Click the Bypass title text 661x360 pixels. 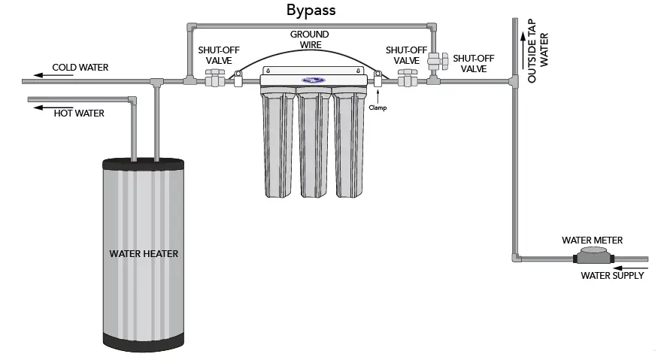pos(311,11)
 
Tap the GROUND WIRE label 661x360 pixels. pos(311,40)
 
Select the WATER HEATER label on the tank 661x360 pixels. pos(144,254)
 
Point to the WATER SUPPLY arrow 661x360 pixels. pos(630,265)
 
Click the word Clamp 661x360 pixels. pos(377,107)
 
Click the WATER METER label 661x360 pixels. pos(593,241)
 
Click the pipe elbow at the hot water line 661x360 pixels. pos(132,100)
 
